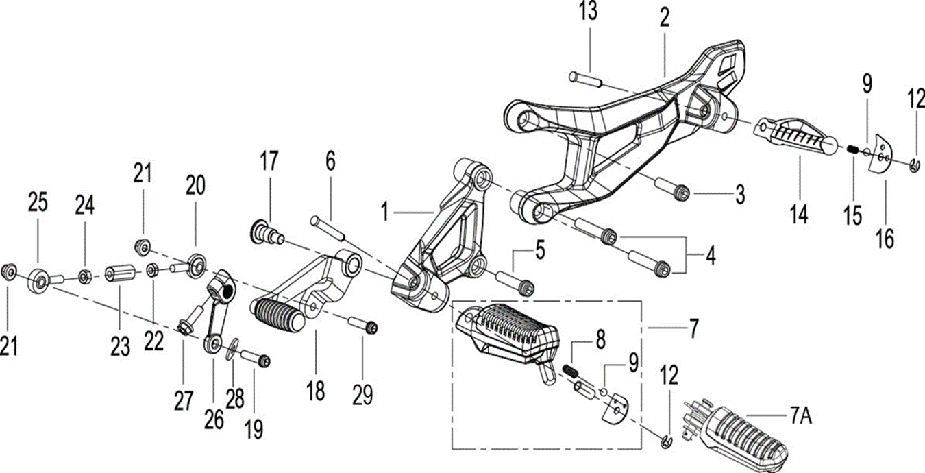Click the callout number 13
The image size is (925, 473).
click(x=587, y=12)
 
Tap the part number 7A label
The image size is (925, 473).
click(x=798, y=416)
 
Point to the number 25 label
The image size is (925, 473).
click(x=38, y=203)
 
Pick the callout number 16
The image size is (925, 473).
click(x=885, y=240)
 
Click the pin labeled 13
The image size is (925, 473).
click(x=585, y=80)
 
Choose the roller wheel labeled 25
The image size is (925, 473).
click(x=38, y=280)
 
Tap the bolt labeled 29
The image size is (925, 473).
click(x=364, y=324)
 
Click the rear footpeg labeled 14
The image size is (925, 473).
click(x=795, y=138)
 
